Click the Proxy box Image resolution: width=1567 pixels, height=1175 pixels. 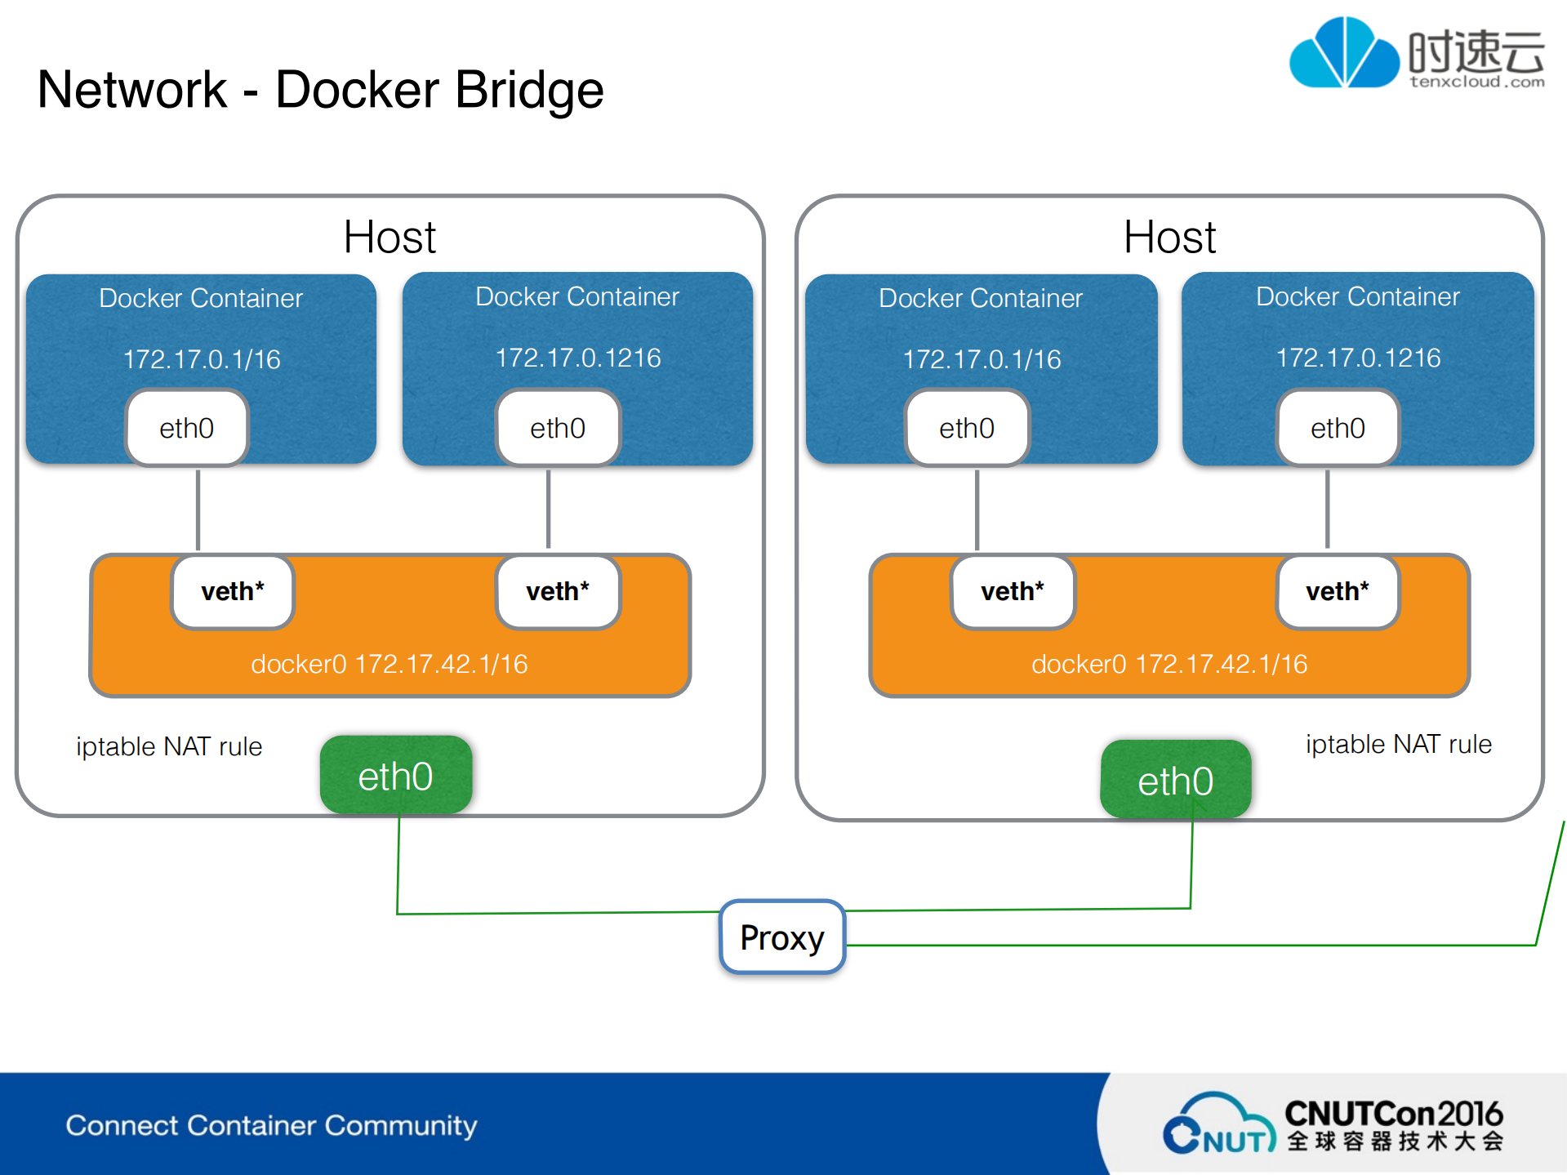coord(781,937)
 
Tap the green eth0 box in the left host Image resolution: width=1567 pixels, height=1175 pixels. coord(396,776)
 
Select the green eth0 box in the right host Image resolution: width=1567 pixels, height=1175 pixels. coord(1175,781)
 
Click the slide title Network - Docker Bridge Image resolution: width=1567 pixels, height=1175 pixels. coord(320,89)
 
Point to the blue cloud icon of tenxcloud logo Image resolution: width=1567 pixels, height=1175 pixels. coord(1343,53)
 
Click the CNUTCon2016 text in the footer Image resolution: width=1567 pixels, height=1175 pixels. coord(1393,1114)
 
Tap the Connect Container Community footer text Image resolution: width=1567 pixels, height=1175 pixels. coord(271,1125)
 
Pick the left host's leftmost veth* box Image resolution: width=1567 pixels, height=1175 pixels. coord(233,592)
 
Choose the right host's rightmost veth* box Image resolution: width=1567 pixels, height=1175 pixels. coord(1338,592)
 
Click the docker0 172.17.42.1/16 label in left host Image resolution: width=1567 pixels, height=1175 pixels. coord(389,664)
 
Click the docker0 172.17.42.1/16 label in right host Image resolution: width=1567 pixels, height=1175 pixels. coord(1169,664)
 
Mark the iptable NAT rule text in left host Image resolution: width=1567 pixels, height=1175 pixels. coord(169,746)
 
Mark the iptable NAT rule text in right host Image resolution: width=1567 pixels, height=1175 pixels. coord(1398,744)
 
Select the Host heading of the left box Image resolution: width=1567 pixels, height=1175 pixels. coord(390,238)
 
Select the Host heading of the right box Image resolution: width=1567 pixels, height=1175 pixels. coord(1169,238)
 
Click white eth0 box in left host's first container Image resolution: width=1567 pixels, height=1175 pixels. coord(187,428)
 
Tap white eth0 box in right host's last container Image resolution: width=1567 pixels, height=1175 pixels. coord(1338,428)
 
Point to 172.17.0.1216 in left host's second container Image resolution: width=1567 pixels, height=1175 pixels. coord(578,358)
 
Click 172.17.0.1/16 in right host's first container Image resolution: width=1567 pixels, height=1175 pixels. coord(982,359)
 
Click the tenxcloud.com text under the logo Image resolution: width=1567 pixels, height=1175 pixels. coord(1476,82)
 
